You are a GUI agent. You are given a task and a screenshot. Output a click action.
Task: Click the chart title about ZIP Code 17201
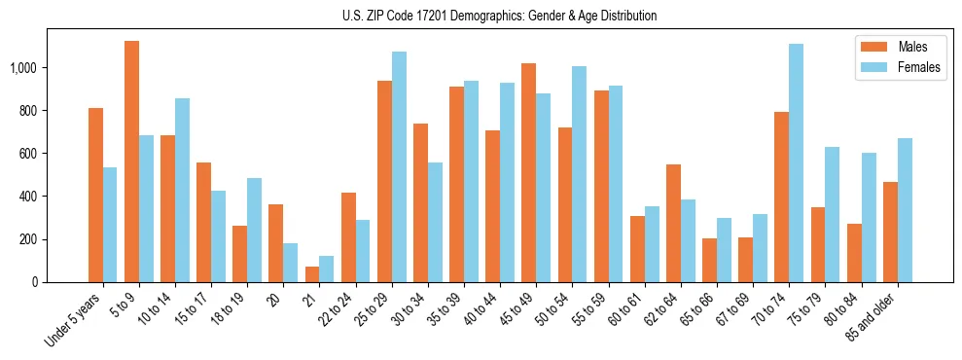pyautogui.click(x=500, y=16)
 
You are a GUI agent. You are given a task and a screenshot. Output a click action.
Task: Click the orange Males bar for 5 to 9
pyautogui.click(x=132, y=162)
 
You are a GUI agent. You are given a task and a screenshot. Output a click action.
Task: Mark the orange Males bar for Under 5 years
pyautogui.click(x=95, y=195)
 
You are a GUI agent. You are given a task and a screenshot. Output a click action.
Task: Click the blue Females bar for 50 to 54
pyautogui.click(x=580, y=174)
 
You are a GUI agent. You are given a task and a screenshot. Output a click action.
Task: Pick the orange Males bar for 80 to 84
pyautogui.click(x=854, y=253)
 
